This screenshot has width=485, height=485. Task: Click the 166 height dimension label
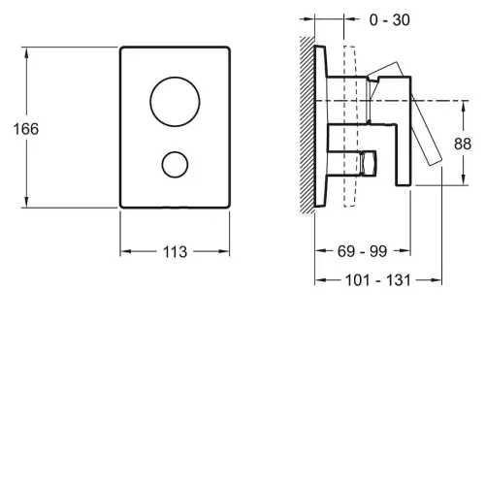point(26,129)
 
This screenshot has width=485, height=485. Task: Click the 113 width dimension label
point(175,252)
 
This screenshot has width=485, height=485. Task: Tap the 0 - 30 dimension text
point(390,20)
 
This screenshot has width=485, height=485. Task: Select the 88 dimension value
point(463,144)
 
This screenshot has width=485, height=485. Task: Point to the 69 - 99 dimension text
point(362,251)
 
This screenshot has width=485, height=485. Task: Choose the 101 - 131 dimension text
point(378,280)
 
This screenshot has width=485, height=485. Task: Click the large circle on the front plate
point(175,78)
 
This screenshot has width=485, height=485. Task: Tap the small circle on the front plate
point(175,151)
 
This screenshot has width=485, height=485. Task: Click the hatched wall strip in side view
point(307,125)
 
